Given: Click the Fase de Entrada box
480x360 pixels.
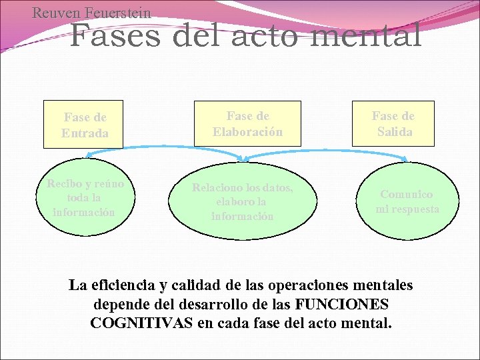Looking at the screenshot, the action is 84,124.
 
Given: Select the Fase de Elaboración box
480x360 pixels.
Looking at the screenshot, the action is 247,124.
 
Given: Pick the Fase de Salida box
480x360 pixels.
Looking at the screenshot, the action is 393,124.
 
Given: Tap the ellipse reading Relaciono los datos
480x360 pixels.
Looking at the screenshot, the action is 242,202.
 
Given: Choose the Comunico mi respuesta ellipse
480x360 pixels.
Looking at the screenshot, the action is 407,201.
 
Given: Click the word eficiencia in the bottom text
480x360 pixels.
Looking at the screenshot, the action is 121,285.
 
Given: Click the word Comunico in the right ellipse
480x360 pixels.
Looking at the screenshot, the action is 406,194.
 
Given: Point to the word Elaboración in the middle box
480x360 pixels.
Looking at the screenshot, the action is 247,131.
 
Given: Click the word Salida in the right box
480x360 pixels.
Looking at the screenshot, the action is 394,131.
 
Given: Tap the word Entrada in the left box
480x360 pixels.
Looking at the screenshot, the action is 84,133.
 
